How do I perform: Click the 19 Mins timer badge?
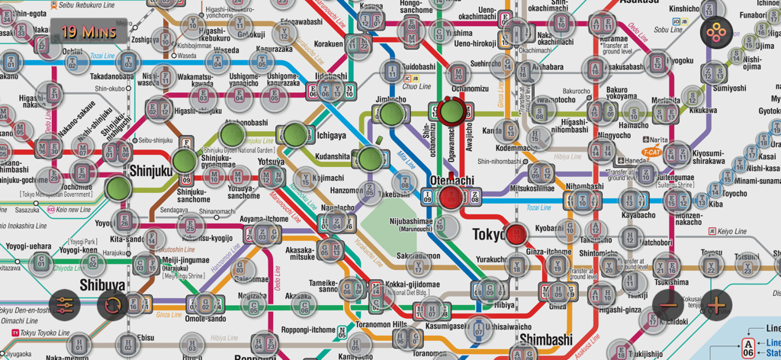(x=89, y=32)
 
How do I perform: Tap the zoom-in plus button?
(x=715, y=305)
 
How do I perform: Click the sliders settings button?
(x=65, y=305)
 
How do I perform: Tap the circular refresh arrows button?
(x=113, y=305)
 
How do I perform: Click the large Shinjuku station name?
(x=150, y=171)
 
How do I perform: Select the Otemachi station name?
(x=452, y=181)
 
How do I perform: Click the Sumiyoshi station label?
(x=730, y=88)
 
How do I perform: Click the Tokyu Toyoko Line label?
(x=43, y=333)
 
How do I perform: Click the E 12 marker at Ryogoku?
(x=657, y=62)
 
